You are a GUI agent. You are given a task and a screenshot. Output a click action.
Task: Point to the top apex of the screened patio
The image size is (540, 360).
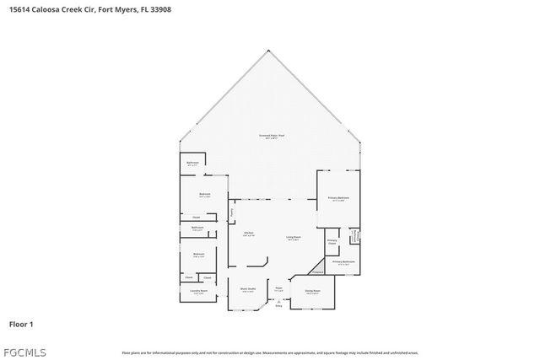click(x=269, y=49)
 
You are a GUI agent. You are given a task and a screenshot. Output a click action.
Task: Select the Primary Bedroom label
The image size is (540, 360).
click(x=337, y=199)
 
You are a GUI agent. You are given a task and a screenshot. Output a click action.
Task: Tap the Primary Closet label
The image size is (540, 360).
click(x=332, y=242)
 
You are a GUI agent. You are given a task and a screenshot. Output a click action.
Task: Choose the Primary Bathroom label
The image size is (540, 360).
click(x=343, y=262)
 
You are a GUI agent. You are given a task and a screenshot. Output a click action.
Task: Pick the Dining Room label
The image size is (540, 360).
click(x=312, y=292)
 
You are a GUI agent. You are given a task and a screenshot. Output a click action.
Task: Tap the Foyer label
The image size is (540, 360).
click(x=278, y=289)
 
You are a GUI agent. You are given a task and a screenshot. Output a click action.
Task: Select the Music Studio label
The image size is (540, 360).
click(x=247, y=290)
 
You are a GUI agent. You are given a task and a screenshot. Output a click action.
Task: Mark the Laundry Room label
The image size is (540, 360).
click(x=196, y=293)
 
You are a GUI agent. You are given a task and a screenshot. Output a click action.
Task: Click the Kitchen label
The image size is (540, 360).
click(x=249, y=234)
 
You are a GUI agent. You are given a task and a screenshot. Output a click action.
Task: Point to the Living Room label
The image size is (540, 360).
click(x=293, y=239)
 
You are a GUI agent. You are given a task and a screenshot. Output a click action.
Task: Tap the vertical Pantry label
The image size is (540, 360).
click(x=232, y=213)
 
